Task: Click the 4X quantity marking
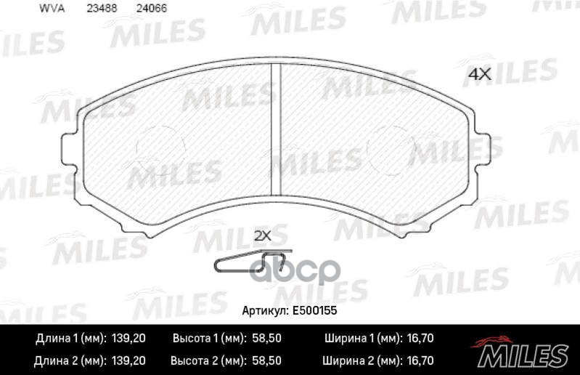479,73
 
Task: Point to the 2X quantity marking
261,235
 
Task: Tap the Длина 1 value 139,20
128,339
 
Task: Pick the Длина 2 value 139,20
128,360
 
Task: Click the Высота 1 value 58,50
266,339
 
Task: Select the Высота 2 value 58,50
266,360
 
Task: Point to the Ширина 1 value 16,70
419,339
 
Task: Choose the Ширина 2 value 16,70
419,360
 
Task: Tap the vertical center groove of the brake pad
275,131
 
